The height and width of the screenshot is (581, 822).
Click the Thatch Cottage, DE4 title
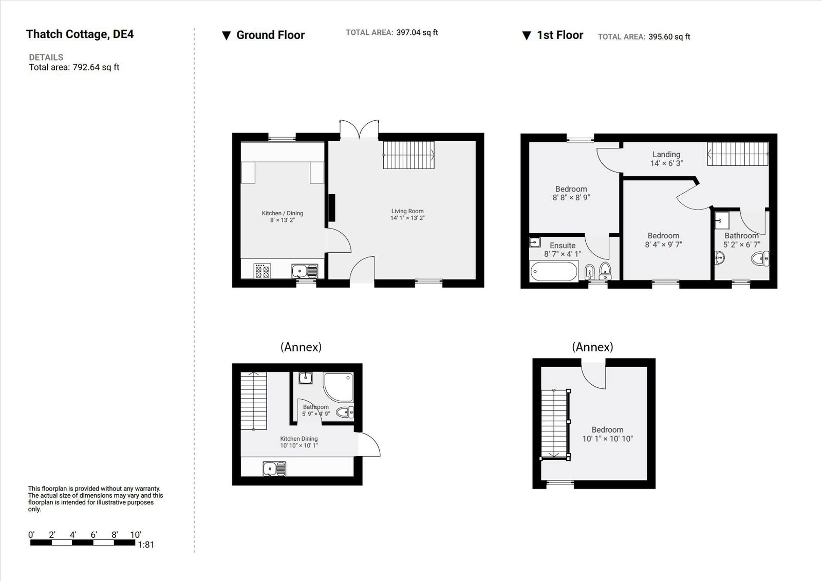pos(80,34)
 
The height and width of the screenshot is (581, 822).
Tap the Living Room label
pos(407,214)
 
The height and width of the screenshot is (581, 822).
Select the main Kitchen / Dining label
pos(283,216)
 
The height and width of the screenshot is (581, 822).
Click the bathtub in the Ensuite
pos(554,271)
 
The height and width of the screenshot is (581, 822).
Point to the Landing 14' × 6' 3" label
pos(666,159)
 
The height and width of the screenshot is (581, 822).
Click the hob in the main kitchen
pos(263,271)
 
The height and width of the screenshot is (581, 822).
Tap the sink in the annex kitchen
pos(274,468)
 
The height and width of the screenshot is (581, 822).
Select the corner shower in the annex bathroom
pos(339,386)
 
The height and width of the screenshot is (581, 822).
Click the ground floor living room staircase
pos(408,155)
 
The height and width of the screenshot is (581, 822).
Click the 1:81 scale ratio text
pos(146,545)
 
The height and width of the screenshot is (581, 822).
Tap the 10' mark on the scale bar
pos(135,535)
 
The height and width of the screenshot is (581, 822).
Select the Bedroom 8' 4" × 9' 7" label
pos(663,240)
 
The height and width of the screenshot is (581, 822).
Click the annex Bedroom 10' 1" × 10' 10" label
pos(607,434)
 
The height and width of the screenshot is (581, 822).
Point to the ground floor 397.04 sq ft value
pos(417,32)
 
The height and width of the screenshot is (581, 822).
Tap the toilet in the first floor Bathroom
pos(760,258)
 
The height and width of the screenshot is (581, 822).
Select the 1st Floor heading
pos(559,35)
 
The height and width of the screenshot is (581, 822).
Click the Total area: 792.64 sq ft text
pos(74,67)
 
